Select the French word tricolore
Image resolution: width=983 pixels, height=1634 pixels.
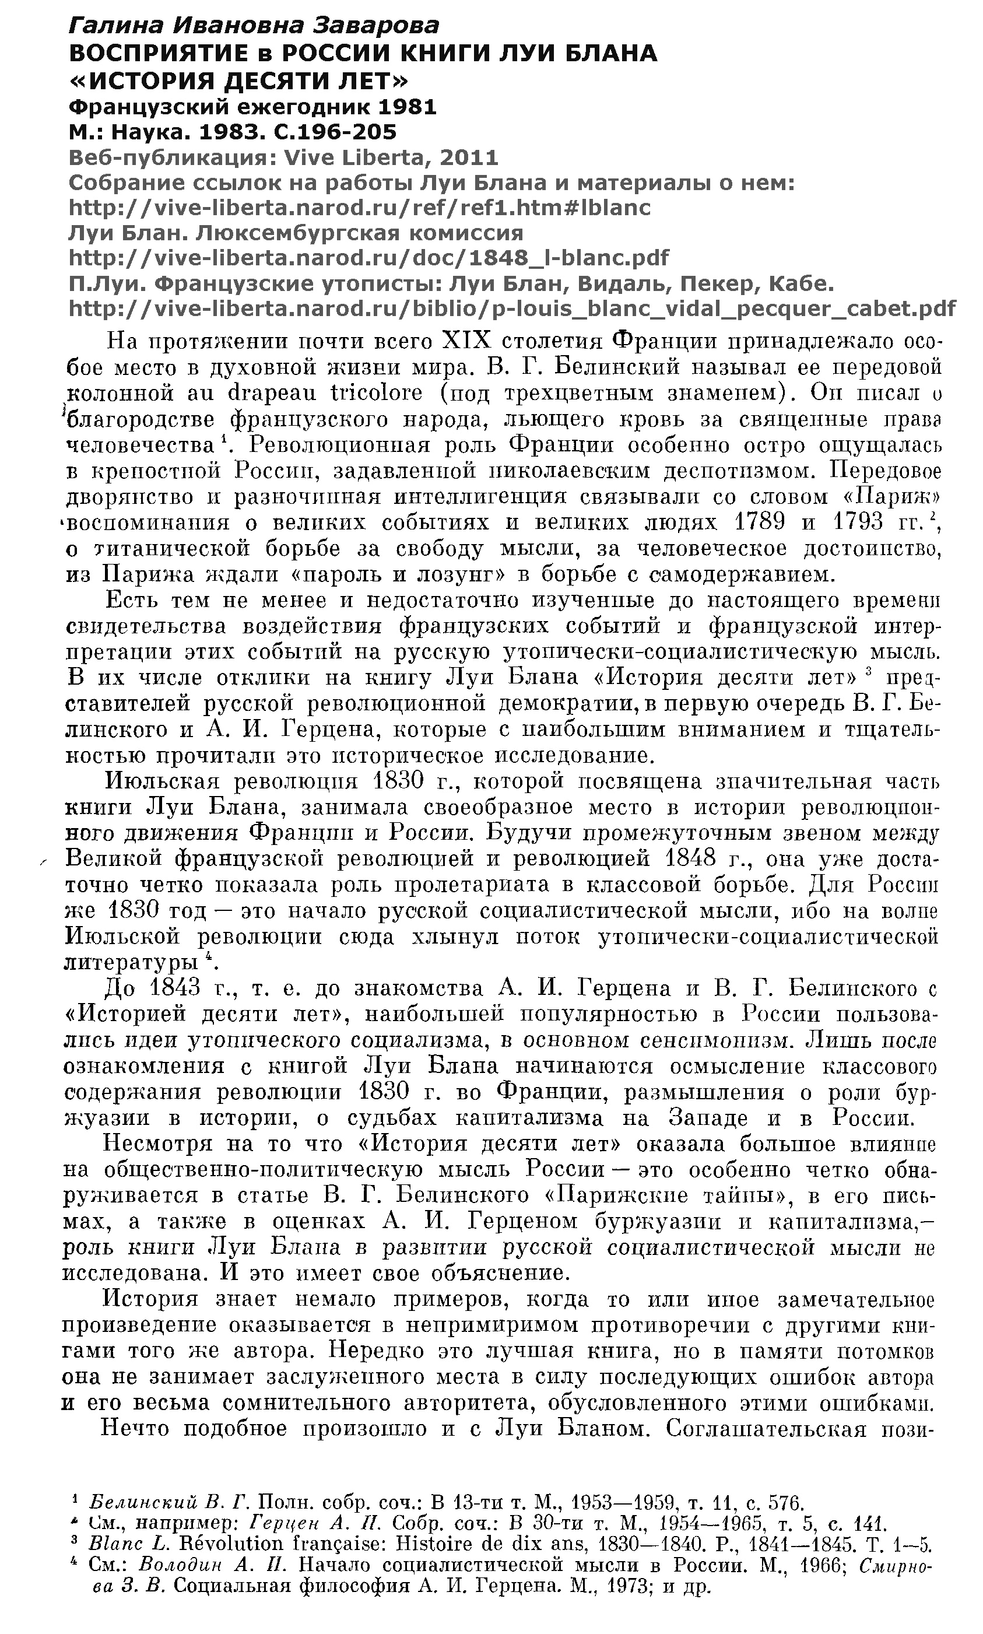[x=375, y=393]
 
